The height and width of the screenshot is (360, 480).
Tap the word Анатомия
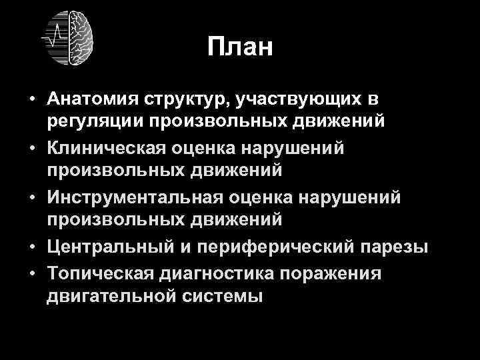(93, 99)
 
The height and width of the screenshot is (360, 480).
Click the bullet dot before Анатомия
(32, 100)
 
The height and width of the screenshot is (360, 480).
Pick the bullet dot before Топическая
(32, 273)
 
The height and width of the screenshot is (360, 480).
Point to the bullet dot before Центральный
(32, 248)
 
